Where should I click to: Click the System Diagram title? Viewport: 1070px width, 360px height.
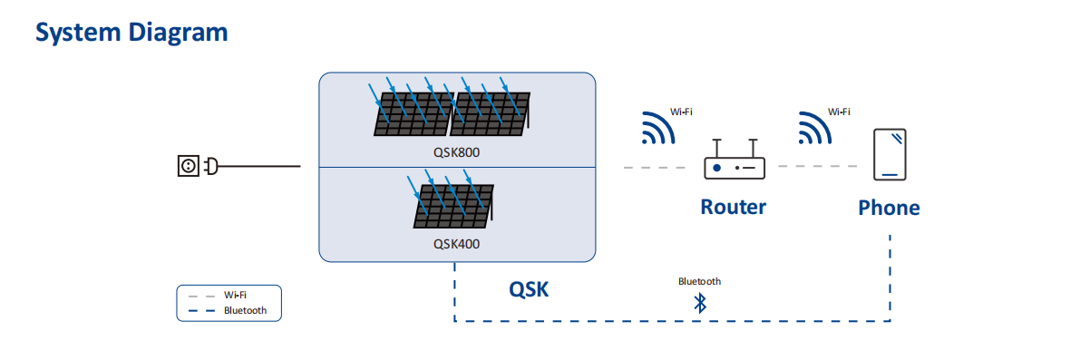coord(131,33)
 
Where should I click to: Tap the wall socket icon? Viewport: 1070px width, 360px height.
coord(188,166)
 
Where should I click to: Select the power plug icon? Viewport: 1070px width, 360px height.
coord(211,166)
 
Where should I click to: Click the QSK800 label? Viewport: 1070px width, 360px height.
coord(456,152)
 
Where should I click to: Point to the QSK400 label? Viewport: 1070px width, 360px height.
coord(456,243)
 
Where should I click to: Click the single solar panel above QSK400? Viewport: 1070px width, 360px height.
coord(452,206)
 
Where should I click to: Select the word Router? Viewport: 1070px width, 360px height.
coord(734,206)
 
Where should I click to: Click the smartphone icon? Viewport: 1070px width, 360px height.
coord(890,154)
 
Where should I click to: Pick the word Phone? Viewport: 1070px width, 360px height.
coord(890,208)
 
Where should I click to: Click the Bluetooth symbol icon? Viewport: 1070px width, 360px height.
coord(699,303)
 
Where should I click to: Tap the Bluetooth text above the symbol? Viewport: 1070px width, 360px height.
coord(699,281)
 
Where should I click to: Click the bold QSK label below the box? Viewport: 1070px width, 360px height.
coord(529,290)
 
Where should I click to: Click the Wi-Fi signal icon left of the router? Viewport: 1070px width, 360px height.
coord(657,128)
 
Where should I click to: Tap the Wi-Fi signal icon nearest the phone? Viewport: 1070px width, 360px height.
coord(815,128)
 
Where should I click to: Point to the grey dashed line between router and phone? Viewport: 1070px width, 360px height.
coord(818,166)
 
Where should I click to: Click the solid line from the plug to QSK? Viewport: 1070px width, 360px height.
coord(259,166)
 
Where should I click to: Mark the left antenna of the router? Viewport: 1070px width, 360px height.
coord(715,148)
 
